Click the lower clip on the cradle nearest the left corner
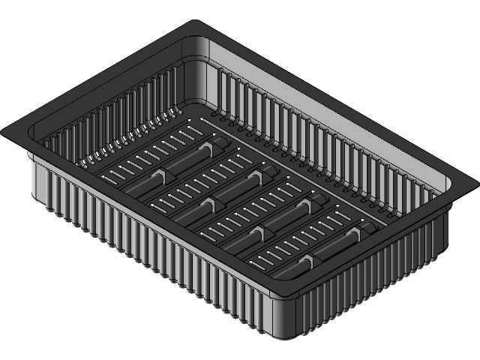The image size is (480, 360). coord(157,175)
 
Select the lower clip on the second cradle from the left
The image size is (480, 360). coord(207,204)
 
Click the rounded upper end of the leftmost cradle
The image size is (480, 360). coord(225,139)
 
